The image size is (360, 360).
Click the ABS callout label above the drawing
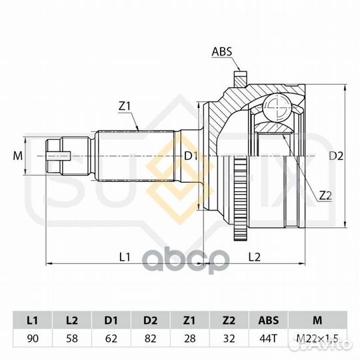222,51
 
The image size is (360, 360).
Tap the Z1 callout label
125,106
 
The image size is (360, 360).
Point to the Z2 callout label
326,195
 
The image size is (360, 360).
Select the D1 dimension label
191,157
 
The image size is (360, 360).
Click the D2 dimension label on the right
336,156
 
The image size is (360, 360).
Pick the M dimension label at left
18,156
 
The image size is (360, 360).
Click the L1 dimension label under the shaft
125,257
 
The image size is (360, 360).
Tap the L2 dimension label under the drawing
255,257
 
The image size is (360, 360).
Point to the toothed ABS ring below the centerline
240,199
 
